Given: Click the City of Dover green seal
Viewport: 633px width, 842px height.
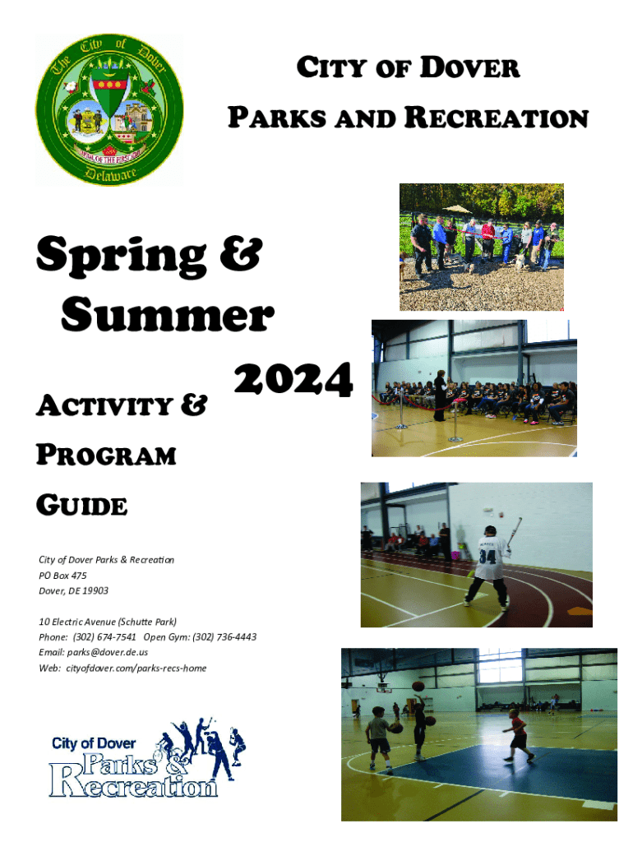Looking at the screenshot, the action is tap(109, 111).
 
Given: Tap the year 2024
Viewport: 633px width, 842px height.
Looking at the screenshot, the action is tap(293, 379).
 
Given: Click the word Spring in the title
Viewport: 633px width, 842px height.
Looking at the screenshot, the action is tap(122, 256).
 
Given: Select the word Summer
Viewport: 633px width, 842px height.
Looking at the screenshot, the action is tap(168, 315).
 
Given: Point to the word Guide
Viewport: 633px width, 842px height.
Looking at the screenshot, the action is tap(81, 506).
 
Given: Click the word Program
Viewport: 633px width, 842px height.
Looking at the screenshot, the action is tap(106, 456).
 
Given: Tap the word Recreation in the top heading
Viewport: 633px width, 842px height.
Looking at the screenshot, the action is tap(497, 117).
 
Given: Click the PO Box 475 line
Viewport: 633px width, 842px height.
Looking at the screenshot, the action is tap(62, 575).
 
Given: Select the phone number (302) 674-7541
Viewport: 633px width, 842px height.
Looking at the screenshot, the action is tap(104, 637).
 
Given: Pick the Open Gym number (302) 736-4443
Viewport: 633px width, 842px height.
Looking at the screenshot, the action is tap(224, 637).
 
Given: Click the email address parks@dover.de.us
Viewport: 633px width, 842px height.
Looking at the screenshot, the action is tap(108, 652).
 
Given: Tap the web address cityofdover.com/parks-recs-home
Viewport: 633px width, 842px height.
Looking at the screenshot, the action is tap(136, 669).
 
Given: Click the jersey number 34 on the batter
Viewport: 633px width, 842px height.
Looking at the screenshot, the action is tap(487, 557).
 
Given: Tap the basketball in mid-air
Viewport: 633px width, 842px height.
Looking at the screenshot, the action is tap(418, 687).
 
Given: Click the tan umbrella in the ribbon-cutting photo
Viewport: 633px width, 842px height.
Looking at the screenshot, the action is tap(456, 208).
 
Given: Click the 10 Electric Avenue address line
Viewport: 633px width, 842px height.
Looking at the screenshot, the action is tap(108, 622).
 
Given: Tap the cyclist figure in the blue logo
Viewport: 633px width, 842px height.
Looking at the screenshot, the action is tap(164, 747).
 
